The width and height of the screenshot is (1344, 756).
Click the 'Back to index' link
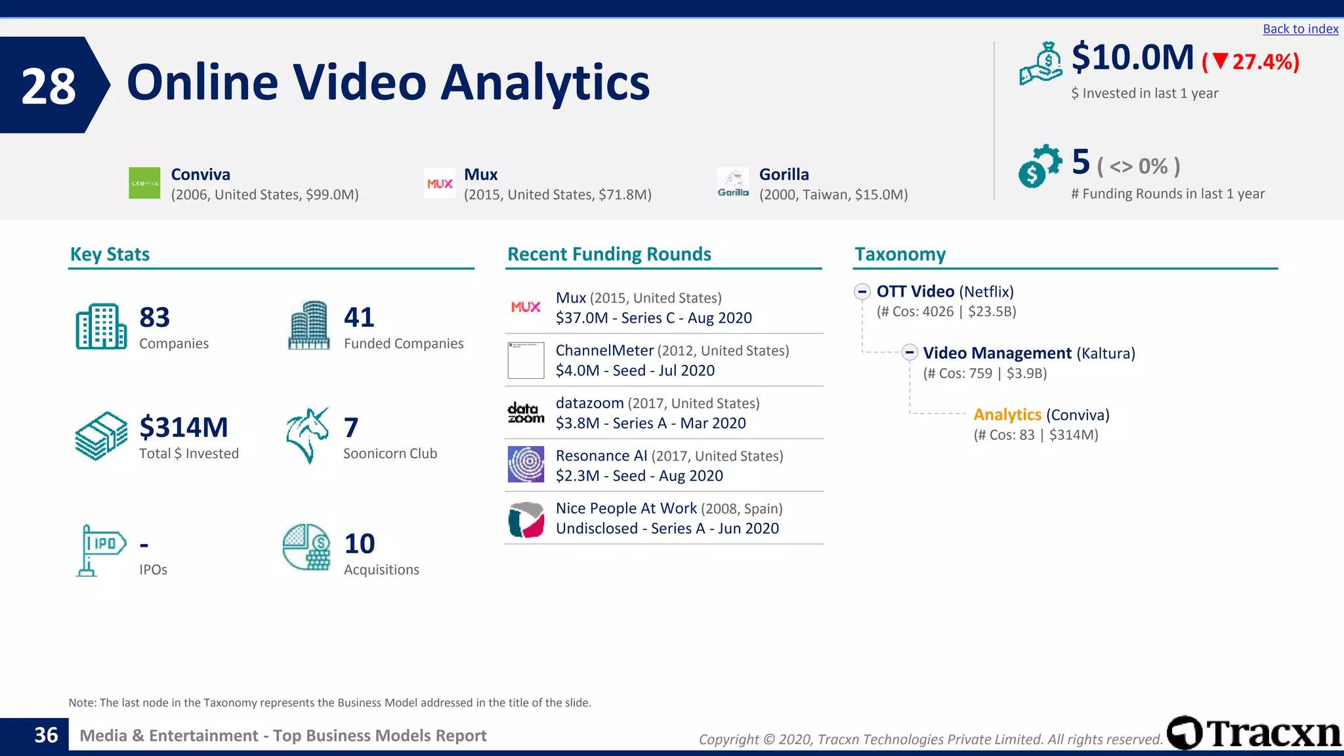pyautogui.click(x=1300, y=29)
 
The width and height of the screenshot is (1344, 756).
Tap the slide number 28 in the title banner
pyautogui.click(x=49, y=86)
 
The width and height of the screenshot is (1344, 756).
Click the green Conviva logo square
pyautogui.click(x=144, y=183)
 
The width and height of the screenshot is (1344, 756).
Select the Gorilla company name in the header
pyautogui.click(x=784, y=175)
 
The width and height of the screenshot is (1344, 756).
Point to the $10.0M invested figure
pyautogui.click(x=1133, y=58)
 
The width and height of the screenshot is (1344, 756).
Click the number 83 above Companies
pyautogui.click(x=155, y=318)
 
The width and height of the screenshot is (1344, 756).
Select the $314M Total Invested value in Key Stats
pyautogui.click(x=184, y=427)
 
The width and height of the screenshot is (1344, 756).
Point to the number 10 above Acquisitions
pyautogui.click(x=360, y=543)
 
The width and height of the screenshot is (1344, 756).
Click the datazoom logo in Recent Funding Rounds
pyautogui.click(x=526, y=413)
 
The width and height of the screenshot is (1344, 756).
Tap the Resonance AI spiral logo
pyautogui.click(x=526, y=465)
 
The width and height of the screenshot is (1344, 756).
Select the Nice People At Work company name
pyautogui.click(x=626, y=509)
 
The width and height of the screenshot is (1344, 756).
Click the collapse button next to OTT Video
pyautogui.click(x=862, y=291)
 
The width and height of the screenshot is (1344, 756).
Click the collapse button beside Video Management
pyautogui.click(x=909, y=352)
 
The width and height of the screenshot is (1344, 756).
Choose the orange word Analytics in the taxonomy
pyautogui.click(x=1007, y=415)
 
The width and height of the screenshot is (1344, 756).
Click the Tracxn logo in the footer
pyautogui.click(x=1254, y=733)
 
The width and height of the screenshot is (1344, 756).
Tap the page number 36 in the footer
pyautogui.click(x=46, y=735)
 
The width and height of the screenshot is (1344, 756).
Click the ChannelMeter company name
pyautogui.click(x=604, y=350)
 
